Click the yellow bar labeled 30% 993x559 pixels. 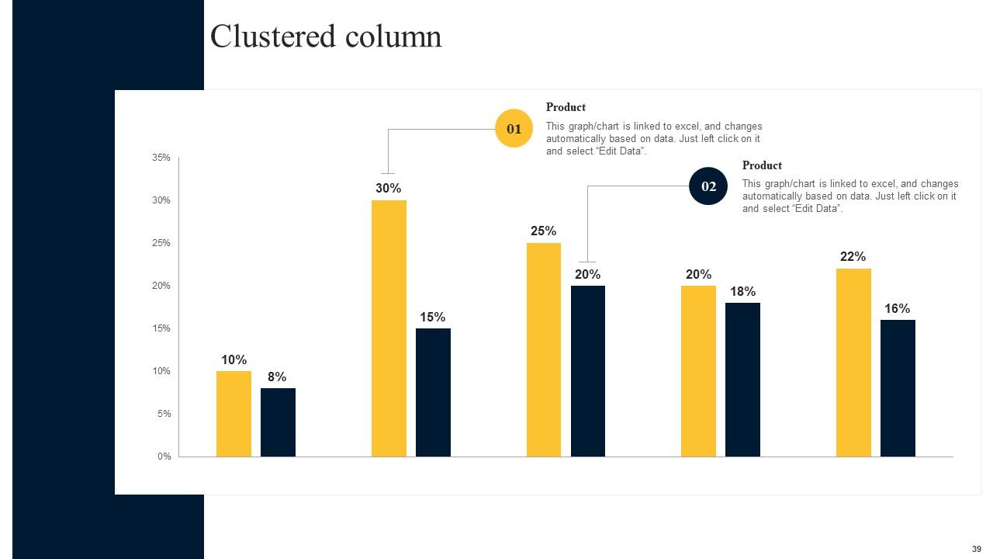pos(389,328)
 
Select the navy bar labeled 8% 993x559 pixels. pos(278,422)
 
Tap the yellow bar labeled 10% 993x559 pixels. pos(234,413)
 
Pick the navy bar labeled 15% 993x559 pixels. pos(433,392)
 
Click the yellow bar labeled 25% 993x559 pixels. pos(543,349)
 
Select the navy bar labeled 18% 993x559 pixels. pos(742,379)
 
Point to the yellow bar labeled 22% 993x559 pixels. pos(853,362)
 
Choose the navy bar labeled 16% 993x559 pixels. pos(898,387)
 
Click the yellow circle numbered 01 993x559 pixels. pos(514,129)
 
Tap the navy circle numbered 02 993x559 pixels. pos(708,186)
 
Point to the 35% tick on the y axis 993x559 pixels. pos(161,158)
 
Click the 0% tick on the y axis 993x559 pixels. pos(164,457)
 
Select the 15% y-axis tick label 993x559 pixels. pos(161,328)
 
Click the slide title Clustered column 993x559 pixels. pos(326,36)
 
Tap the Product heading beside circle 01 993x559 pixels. pos(566,107)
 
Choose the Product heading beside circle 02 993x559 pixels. pos(762,165)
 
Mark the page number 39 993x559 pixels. pos(976,549)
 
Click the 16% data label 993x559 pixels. pos(897,309)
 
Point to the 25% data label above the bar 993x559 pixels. pos(543,231)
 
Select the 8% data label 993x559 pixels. pos(277,377)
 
